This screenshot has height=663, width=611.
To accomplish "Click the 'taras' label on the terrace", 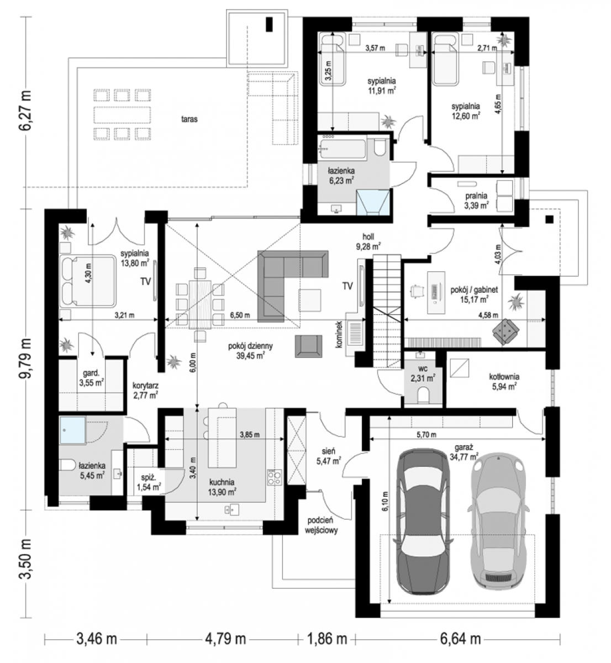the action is click(189, 119).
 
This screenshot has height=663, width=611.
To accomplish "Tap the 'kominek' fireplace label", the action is click(339, 334).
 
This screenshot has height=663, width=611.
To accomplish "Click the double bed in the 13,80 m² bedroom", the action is click(88, 280).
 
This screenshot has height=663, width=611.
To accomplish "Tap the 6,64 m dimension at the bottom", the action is click(460, 639).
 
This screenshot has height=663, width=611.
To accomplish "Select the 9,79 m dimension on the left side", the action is click(25, 359).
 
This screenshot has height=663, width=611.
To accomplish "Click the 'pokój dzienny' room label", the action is click(250, 346).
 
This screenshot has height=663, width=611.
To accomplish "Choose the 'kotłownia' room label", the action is click(504, 376).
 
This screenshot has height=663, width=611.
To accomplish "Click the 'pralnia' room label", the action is click(476, 196).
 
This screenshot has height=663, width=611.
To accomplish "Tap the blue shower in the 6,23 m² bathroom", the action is click(372, 201).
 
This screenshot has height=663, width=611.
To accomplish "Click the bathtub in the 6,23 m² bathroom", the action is click(343, 149).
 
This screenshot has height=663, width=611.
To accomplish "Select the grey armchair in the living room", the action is click(308, 346).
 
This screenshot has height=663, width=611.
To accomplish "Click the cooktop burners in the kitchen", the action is click(275, 477).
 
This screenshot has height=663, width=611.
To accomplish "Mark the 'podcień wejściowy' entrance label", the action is click(323, 525).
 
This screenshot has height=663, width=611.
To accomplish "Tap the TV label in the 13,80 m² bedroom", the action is click(145, 282).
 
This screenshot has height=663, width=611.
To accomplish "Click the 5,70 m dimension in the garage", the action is click(426, 435).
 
